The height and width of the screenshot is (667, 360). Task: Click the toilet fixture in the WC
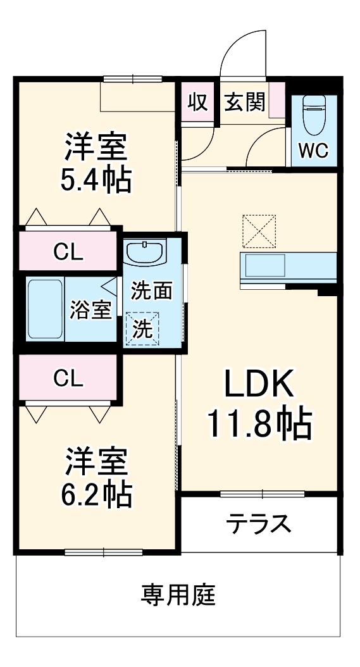(313, 115)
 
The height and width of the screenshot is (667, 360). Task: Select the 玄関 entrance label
(244, 102)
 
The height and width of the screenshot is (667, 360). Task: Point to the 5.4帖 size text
(96, 181)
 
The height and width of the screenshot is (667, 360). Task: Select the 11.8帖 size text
(260, 425)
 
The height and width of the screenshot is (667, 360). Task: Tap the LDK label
(259, 384)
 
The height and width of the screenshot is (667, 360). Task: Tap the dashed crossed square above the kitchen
(259, 231)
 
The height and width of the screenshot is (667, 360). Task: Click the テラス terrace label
(259, 524)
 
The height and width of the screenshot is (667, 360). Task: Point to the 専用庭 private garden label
(178, 595)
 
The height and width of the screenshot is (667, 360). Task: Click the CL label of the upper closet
(68, 252)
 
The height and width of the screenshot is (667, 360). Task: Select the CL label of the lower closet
(68, 378)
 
